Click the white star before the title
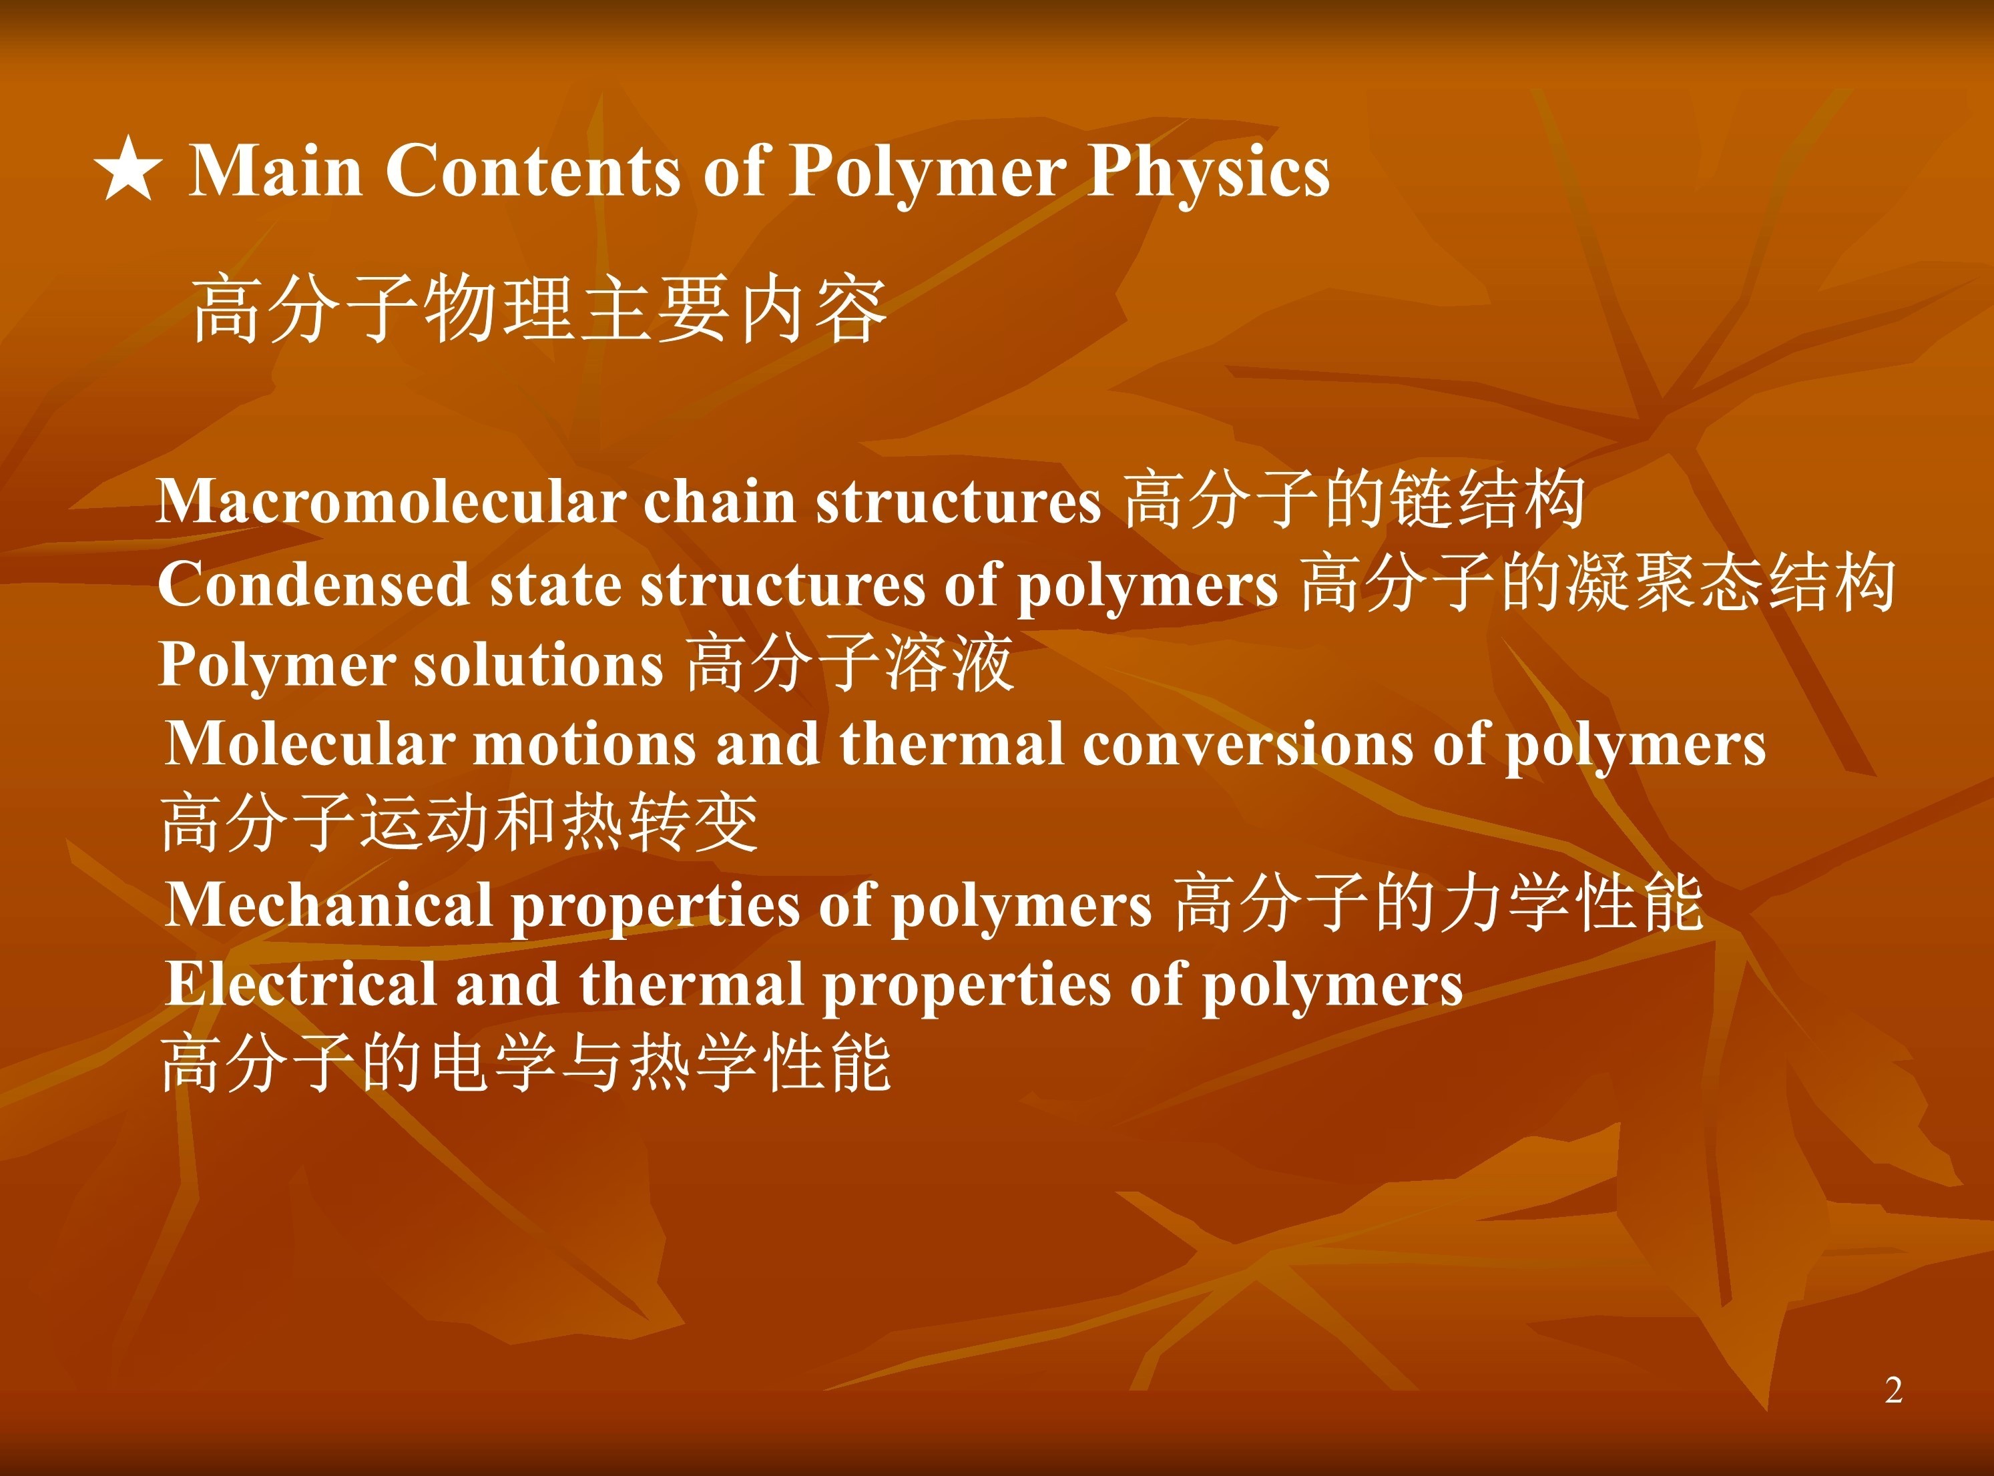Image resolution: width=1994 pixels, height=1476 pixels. pyautogui.click(x=129, y=169)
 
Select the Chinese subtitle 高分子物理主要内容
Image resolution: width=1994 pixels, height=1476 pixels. pyautogui.click(x=539, y=309)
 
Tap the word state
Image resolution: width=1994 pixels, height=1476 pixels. pyautogui.click(x=555, y=586)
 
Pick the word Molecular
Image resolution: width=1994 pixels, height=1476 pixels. pyautogui.click(x=310, y=744)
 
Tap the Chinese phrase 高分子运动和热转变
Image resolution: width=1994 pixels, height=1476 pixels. pyautogui.click(x=460, y=822)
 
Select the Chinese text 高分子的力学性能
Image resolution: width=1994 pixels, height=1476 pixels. pyautogui.click(x=1439, y=903)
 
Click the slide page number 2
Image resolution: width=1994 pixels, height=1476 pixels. pyautogui.click(x=1893, y=1389)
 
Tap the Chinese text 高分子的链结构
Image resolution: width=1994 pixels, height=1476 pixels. pyautogui.click(x=1354, y=499)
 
